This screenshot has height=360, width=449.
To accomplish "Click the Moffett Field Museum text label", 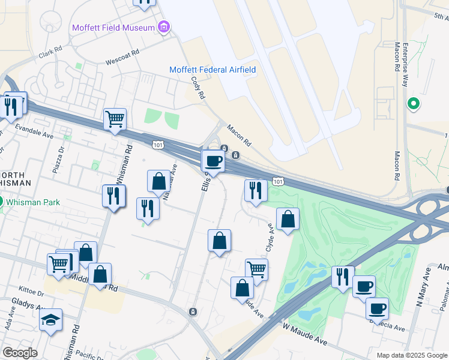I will click(x=112, y=28).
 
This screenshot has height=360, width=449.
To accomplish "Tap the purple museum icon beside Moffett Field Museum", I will click(x=163, y=27).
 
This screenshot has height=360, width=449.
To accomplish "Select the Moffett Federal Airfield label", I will click(x=212, y=70).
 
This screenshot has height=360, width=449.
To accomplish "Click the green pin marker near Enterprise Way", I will click(x=413, y=104).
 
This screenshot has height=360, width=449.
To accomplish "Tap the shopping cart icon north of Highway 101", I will click(x=115, y=119).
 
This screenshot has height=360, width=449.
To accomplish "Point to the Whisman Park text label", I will click(x=34, y=202).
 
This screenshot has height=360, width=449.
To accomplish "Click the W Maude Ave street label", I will click(x=305, y=334).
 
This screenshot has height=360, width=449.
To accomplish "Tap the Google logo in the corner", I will click(x=20, y=352).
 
